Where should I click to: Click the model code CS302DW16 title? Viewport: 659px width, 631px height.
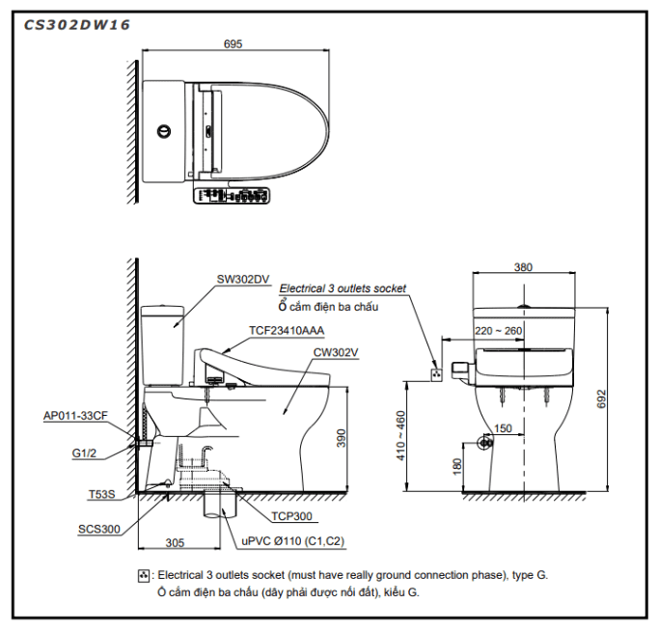click(76, 24)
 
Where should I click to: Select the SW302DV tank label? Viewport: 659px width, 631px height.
click(241, 280)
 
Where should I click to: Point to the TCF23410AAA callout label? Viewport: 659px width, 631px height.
click(287, 330)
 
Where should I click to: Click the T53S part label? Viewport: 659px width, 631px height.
click(101, 494)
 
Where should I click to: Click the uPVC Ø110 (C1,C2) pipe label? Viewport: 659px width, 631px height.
click(292, 542)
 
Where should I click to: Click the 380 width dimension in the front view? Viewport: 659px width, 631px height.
click(523, 267)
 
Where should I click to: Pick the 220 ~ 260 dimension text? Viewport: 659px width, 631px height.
click(497, 330)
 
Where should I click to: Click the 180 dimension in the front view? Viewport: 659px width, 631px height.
click(456, 467)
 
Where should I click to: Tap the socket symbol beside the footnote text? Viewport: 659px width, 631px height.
click(144, 575)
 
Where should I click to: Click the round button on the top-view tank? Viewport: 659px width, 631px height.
click(164, 128)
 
